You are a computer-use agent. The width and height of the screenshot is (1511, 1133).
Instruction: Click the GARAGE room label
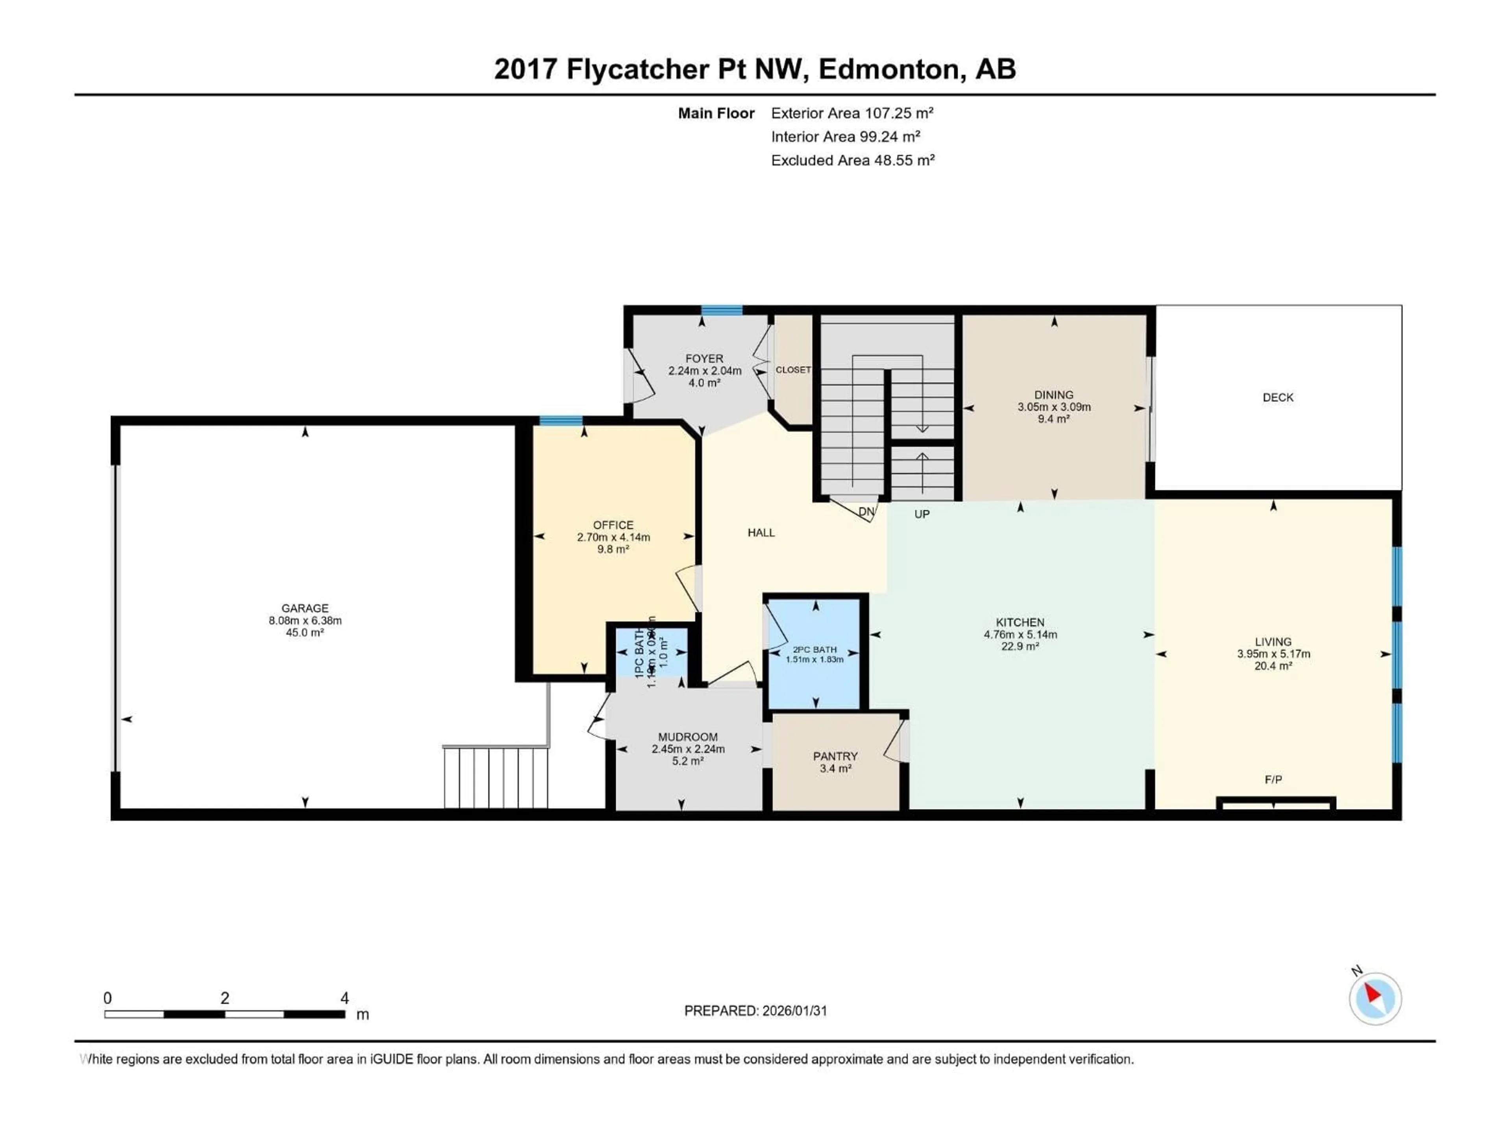click(x=305, y=608)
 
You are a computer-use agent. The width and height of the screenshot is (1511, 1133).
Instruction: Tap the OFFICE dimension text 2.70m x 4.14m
click(x=613, y=537)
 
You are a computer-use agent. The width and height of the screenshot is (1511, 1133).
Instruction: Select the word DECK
click(x=1277, y=397)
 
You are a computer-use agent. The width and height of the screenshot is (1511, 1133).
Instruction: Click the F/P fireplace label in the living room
click(x=1273, y=779)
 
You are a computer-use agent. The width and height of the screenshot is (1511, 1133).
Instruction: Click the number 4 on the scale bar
click(x=344, y=998)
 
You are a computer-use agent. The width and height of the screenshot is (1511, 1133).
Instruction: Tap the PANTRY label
click(x=835, y=756)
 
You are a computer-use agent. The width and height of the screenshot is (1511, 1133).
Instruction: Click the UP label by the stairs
click(x=922, y=514)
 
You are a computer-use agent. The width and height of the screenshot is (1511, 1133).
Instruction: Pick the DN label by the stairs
click(x=865, y=511)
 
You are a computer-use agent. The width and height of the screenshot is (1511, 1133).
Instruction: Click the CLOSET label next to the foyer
click(x=793, y=369)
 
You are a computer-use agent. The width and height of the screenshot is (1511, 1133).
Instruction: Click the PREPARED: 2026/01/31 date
click(x=755, y=1011)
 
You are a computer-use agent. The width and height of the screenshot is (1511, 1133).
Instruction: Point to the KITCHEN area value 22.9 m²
click(x=1020, y=646)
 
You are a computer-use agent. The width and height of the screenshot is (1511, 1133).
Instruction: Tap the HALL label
click(x=761, y=533)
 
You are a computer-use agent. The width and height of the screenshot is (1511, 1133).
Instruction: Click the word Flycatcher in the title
click(x=637, y=69)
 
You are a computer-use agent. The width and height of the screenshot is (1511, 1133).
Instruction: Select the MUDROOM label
click(x=687, y=737)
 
